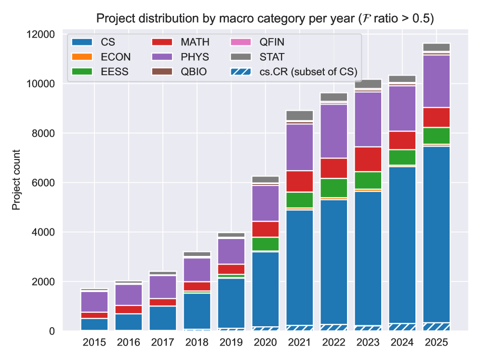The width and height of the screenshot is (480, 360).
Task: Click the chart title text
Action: [x=265, y=19]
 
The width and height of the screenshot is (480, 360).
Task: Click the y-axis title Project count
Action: [x=17, y=180]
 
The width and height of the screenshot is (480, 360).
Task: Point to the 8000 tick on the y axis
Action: [x=45, y=133]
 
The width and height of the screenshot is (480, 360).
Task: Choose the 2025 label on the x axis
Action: [x=437, y=343]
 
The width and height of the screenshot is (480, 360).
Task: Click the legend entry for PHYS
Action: [x=195, y=57]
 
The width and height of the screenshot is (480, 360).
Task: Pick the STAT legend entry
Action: [x=271, y=57]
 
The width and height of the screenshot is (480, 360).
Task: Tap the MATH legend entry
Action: [x=195, y=42]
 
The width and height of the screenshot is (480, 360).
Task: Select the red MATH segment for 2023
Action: [x=368, y=159]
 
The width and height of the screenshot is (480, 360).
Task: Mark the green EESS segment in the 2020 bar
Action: [x=266, y=244]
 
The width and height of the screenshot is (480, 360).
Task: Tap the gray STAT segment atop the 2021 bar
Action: [x=300, y=115]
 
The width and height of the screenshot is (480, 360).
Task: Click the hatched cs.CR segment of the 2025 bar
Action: [x=437, y=326]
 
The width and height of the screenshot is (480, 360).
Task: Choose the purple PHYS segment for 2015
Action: [x=94, y=302]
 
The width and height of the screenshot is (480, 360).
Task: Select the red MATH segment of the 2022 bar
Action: [x=334, y=168]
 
